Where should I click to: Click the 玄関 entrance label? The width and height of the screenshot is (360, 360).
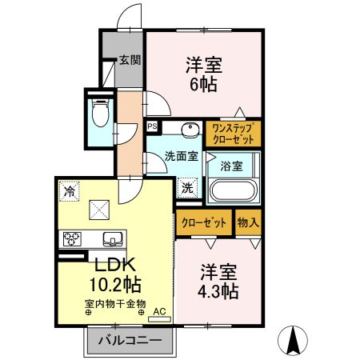tap(130, 59)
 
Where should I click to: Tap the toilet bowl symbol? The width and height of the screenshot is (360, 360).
tap(100, 114)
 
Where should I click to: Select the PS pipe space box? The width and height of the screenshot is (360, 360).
tap(152, 126)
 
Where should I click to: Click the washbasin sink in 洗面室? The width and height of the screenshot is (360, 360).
tap(190, 130)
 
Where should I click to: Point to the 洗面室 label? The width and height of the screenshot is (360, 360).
tap(182, 156)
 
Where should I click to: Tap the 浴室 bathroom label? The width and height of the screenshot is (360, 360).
tap(232, 167)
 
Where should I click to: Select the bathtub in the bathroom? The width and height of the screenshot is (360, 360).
tap(233, 192)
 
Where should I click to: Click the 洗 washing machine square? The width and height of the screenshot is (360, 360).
tap(187, 189)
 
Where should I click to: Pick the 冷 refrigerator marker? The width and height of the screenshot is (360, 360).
tap(70, 191)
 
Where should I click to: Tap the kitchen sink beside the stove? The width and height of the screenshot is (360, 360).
tap(111, 238)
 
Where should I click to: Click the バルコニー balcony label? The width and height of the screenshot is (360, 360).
tap(130, 341)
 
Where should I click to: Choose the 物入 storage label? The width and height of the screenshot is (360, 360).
tap(248, 223)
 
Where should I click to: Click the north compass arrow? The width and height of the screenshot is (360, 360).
tap(294, 339)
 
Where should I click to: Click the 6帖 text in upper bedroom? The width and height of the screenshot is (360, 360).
tap(205, 85)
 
